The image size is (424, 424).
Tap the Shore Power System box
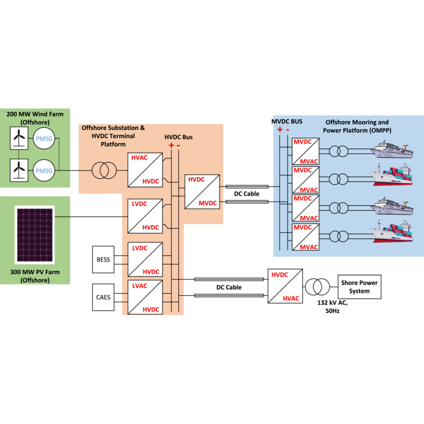pyautogui.click(x=359, y=287)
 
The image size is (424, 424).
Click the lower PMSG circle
pyautogui.click(x=44, y=171)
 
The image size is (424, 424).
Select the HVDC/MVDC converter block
pyautogui.click(x=202, y=191)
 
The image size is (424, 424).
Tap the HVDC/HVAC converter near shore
pyautogui.click(x=285, y=286)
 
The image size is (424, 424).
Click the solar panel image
pyautogui.click(x=35, y=234)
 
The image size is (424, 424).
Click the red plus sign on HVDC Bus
pyautogui.click(x=171, y=145)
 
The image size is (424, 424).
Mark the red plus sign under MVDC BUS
pyautogui.click(x=279, y=129)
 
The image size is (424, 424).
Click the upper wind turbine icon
pyautogui.click(x=17, y=137)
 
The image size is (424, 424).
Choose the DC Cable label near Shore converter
pyautogui.click(x=229, y=287)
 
